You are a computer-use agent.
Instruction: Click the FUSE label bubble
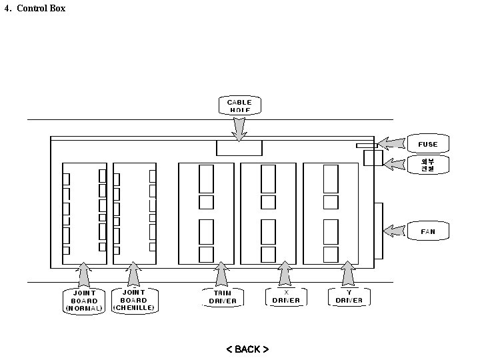[428, 144]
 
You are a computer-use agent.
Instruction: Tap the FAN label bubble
[428, 232]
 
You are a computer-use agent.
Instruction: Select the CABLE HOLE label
[239, 106]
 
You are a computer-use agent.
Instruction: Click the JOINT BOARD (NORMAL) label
[84, 301]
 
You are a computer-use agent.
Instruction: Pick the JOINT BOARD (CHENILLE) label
[134, 301]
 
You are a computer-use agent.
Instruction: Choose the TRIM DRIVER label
[222, 297]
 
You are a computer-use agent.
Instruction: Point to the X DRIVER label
[286, 297]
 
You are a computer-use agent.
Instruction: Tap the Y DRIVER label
[349, 297]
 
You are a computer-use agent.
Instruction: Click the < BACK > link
[247, 349]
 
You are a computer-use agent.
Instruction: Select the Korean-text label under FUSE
[427, 165]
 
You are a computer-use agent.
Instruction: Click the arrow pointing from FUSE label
[392, 144]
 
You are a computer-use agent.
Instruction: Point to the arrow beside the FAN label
[394, 231]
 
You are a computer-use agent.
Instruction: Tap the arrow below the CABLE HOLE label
[239, 128]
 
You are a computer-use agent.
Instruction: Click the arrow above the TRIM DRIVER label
[221, 274]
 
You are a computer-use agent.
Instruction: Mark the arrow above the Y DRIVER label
[347, 274]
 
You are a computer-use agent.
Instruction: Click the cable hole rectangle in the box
[239, 148]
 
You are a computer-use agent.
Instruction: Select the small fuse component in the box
[366, 145]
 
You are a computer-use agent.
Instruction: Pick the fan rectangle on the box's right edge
[379, 231]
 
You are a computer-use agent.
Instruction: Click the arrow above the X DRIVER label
[285, 274]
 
